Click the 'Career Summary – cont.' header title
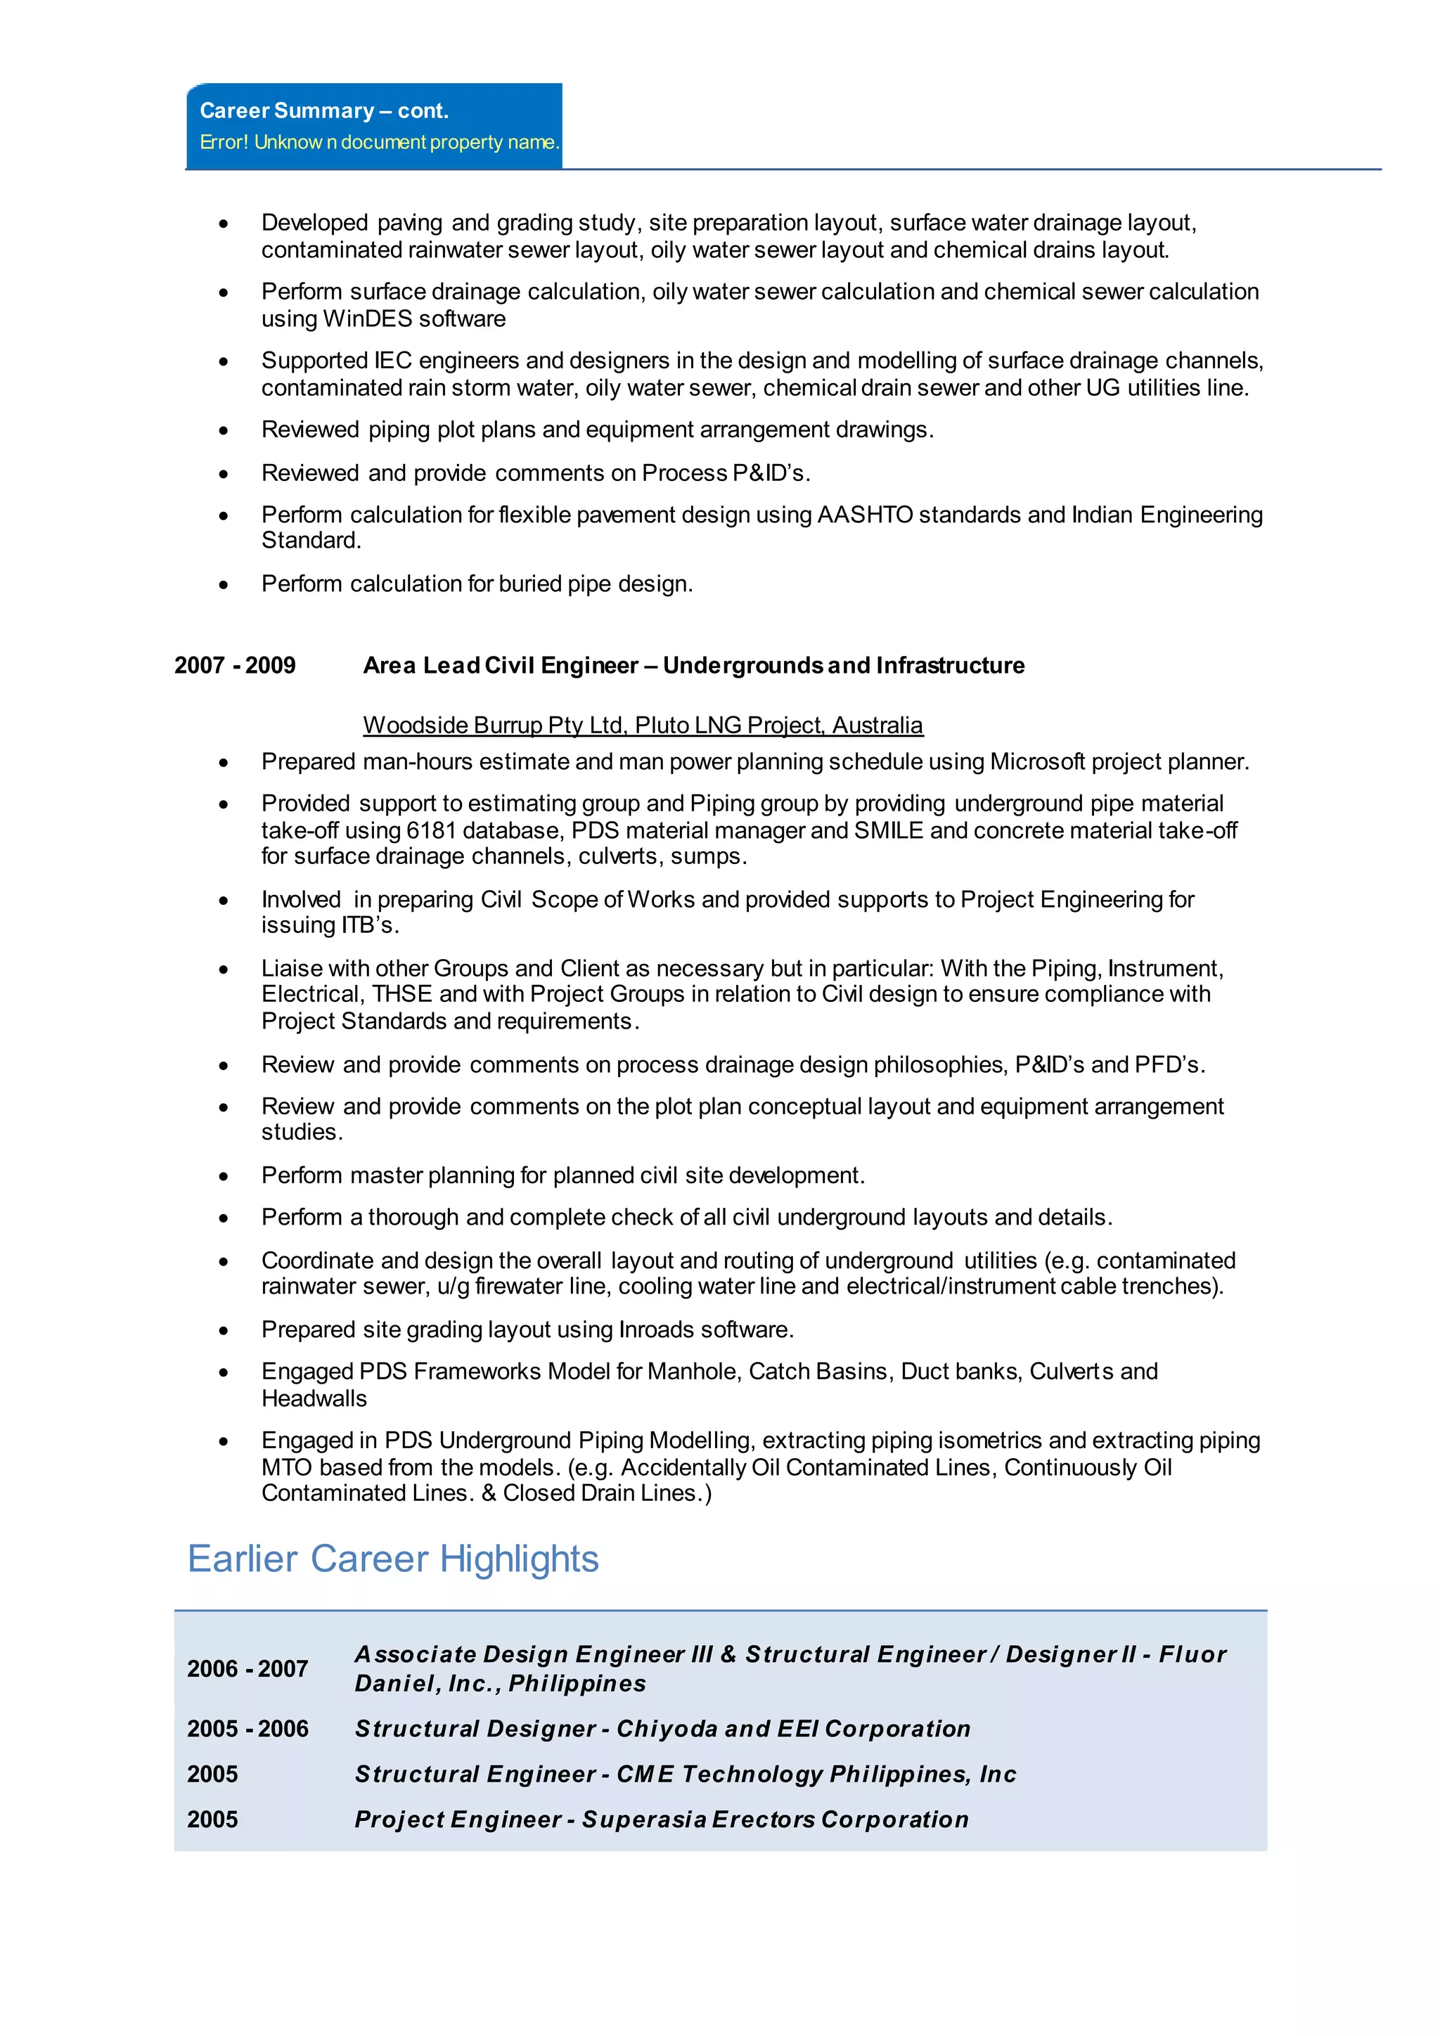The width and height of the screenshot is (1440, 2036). coord(323,111)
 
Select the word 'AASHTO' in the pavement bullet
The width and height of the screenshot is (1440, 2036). coord(865,515)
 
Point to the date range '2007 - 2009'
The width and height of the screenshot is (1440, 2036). coord(235,666)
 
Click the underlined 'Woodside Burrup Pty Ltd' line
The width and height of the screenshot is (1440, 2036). coord(642,726)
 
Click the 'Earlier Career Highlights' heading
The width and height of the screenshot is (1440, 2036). coord(393,1559)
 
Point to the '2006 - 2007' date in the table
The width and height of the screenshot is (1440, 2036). coord(247,1669)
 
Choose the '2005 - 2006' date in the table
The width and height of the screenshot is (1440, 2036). coord(247,1729)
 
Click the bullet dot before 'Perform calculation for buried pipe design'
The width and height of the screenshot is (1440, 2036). coord(224,584)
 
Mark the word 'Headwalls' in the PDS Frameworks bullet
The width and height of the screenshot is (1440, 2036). coord(314,1399)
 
